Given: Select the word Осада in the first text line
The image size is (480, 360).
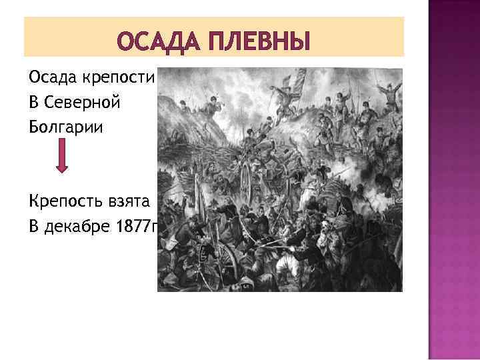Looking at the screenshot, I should pos(53,77).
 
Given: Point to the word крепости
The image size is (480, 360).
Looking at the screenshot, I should pos(117,79).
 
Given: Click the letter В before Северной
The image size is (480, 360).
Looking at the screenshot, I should pos(33,103).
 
